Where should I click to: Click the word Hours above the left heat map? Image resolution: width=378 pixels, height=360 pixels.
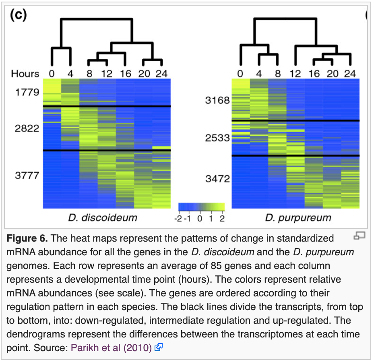click(25, 74)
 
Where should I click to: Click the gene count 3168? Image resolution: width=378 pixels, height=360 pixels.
click(217, 100)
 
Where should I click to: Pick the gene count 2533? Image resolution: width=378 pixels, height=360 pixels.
click(217, 139)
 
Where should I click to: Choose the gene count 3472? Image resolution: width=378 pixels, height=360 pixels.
click(217, 178)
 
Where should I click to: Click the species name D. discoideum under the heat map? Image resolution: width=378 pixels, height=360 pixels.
click(103, 218)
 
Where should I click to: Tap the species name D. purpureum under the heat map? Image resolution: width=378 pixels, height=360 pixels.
click(298, 218)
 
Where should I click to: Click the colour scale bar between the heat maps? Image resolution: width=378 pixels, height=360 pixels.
click(201, 207)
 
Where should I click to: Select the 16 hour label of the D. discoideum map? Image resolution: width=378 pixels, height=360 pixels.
click(125, 74)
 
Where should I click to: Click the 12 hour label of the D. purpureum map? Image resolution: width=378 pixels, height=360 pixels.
click(295, 74)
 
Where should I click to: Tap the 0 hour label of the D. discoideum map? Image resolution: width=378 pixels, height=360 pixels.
click(52, 74)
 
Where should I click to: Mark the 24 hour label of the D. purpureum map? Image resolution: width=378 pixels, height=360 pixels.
click(350, 74)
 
